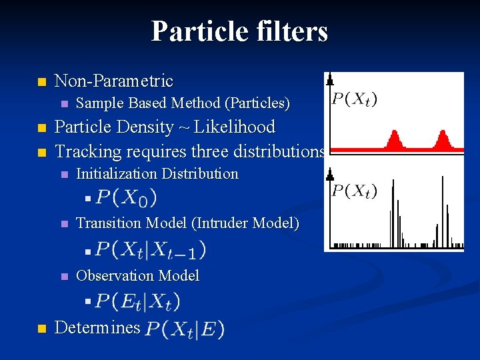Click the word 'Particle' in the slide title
click(x=195, y=31)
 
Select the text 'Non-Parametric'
click(x=113, y=81)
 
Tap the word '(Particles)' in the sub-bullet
click(x=257, y=103)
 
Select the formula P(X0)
click(x=126, y=197)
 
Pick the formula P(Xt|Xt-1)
click(x=150, y=249)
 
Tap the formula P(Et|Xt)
click(x=137, y=301)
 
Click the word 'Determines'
click(x=97, y=327)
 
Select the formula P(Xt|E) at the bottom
click(x=185, y=329)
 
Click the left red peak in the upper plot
click(x=394, y=140)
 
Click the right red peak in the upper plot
click(x=441, y=139)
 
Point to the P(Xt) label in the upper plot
click(x=354, y=100)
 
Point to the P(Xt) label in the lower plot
click(x=354, y=191)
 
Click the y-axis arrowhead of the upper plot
click(x=329, y=81)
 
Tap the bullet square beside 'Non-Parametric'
click(x=41, y=83)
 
